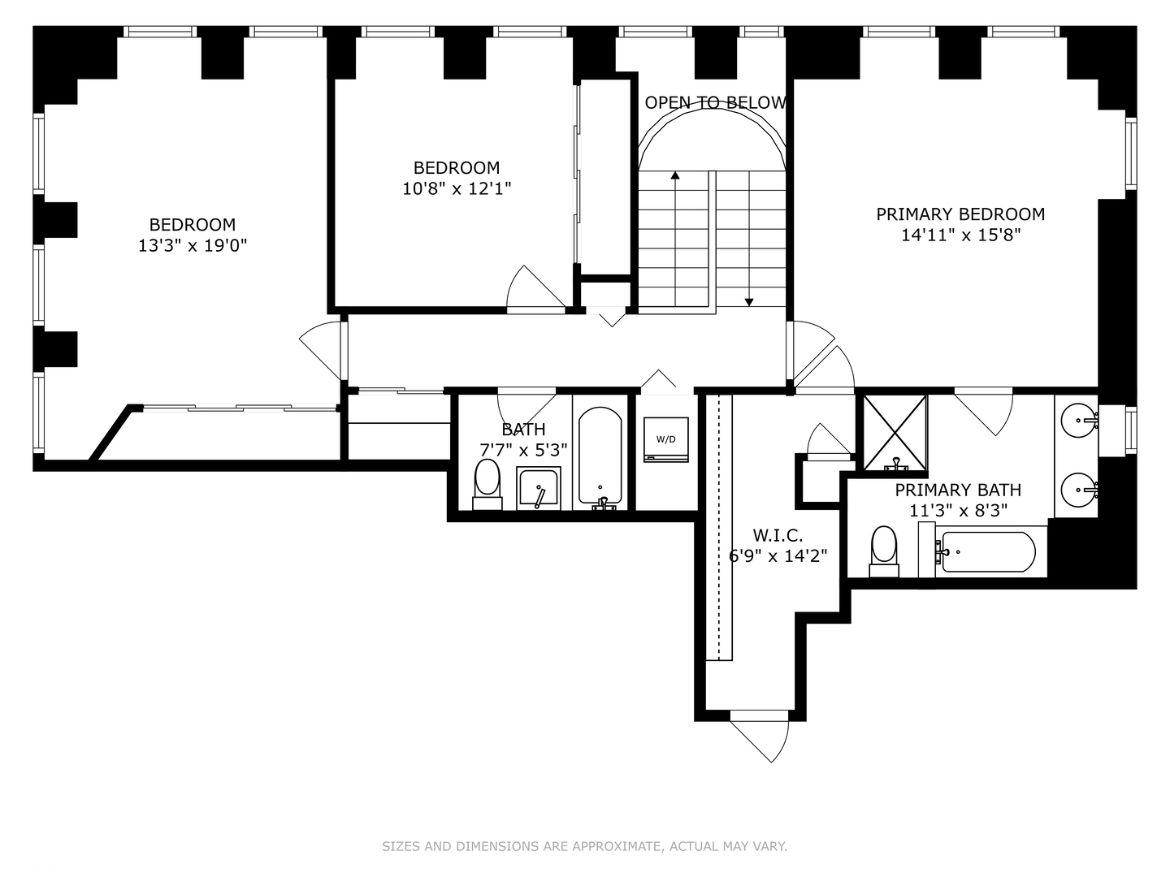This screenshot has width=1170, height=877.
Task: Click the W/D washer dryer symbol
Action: (665, 439)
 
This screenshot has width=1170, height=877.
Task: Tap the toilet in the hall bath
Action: (487, 484)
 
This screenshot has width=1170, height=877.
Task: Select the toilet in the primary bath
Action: (884, 551)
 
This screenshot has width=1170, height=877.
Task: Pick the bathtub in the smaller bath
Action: (600, 458)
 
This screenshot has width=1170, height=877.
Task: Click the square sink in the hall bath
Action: (539, 488)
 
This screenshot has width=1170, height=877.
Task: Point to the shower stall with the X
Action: (895, 433)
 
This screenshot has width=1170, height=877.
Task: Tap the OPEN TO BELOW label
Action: (715, 103)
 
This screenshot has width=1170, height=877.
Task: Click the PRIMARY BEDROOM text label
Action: (960, 214)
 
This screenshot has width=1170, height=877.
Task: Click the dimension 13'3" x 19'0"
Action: (193, 245)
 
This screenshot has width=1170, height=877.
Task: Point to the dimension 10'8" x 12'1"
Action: (457, 188)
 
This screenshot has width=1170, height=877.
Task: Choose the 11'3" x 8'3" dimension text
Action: (958, 511)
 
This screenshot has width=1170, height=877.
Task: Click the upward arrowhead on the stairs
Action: (675, 175)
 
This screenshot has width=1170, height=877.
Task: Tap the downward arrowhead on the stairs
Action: (749, 302)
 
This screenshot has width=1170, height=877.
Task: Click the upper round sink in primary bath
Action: (1079, 421)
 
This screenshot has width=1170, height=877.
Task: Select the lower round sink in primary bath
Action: (1079, 490)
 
